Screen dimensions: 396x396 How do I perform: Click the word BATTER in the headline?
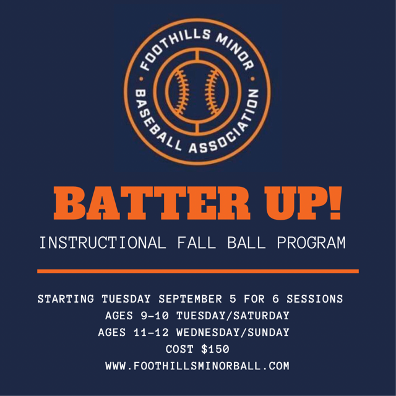click(152, 204)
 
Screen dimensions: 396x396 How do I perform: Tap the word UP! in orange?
click(303, 204)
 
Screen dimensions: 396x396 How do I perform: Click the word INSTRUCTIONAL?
click(103, 243)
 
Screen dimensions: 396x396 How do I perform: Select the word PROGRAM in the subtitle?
click(311, 243)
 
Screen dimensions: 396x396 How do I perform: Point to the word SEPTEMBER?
click(190, 299)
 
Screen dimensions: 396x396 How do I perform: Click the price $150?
click(215, 349)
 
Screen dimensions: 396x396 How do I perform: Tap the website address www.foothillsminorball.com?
click(197, 366)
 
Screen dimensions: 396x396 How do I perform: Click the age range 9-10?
click(155, 316)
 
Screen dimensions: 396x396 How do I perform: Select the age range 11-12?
click(151, 332)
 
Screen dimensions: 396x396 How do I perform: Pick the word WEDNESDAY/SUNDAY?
click(233, 332)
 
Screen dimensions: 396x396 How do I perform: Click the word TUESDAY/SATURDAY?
click(233, 316)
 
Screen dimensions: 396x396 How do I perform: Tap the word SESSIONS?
click(315, 299)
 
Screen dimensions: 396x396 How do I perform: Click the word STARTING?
click(66, 299)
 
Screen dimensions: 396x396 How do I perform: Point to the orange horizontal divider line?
click(198, 271)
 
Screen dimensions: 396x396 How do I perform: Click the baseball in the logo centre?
click(197, 92)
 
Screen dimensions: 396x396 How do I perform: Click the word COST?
click(179, 349)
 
